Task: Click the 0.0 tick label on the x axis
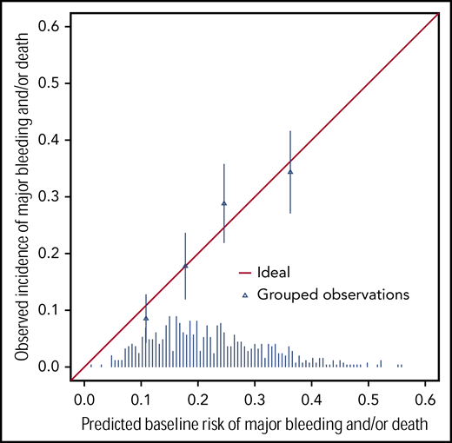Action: coord(84,400)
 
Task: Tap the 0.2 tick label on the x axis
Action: coord(198,400)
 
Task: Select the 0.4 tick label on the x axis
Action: coord(312,400)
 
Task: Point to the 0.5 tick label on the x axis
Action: coord(369,400)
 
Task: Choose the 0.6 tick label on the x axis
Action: coord(425,400)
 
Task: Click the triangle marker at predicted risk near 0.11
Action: coord(146,318)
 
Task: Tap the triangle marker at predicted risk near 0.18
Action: coord(185,266)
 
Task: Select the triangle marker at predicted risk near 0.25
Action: coord(224,203)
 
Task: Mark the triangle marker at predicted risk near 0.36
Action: coord(290,171)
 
